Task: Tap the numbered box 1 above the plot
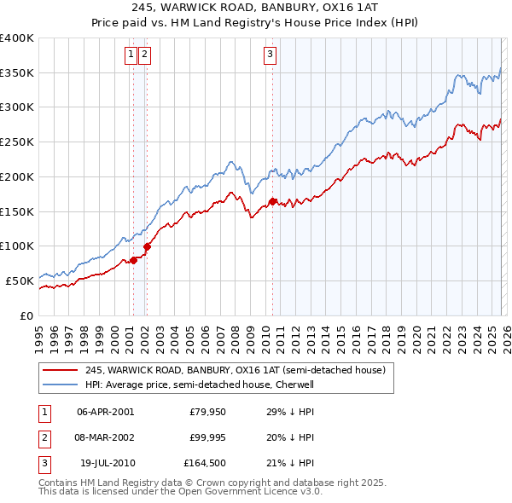tap(131, 55)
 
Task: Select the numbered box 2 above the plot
tap(145, 55)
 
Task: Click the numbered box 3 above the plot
tap(271, 55)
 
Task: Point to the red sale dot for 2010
tap(273, 201)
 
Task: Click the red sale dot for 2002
tap(147, 246)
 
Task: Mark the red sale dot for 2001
tap(133, 260)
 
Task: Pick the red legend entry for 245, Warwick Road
tap(236, 370)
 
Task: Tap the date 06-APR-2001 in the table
tap(105, 412)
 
